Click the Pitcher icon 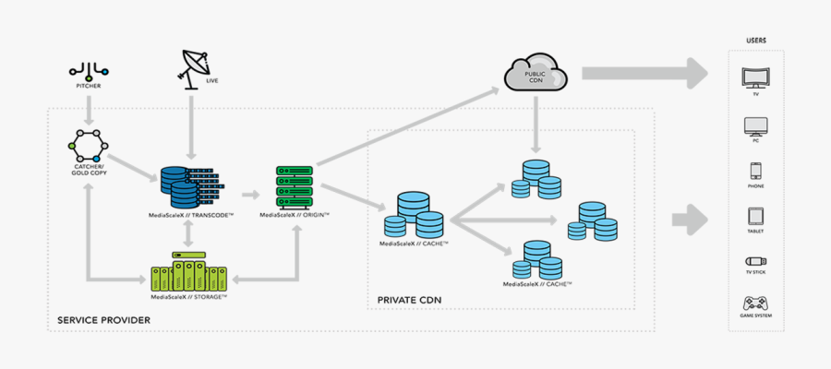pos(89,70)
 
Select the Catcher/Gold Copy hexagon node pos(89,146)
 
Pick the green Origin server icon pos(295,187)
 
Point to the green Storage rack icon pos(189,273)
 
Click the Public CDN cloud pos(535,73)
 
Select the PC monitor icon pos(755,126)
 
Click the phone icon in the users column pos(755,173)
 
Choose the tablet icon pos(755,218)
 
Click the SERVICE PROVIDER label pos(103,320)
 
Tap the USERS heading pos(755,41)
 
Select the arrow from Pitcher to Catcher pos(89,107)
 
